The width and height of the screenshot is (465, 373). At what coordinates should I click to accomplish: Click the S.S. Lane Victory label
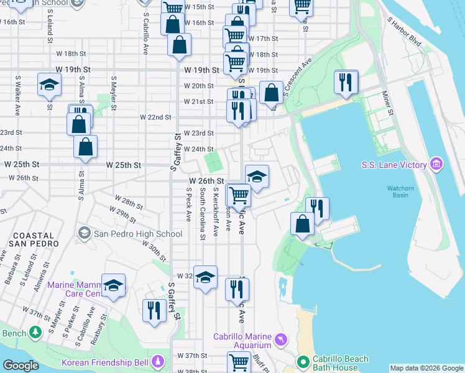394,165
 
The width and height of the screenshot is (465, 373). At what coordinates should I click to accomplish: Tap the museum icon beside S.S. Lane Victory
436,165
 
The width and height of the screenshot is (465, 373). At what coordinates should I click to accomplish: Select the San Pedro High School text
137,234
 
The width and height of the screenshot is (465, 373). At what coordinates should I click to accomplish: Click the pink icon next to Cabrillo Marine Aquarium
281,339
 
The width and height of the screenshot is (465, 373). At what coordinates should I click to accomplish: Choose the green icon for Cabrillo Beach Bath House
303,361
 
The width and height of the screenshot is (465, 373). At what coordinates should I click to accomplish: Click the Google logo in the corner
21,366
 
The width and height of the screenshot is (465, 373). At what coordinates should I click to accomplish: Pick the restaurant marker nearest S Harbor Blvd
345,81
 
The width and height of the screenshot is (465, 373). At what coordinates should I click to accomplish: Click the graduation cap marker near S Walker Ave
48,85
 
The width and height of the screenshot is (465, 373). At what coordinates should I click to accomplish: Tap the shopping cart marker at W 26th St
239,195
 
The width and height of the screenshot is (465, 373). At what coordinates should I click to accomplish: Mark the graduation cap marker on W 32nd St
205,277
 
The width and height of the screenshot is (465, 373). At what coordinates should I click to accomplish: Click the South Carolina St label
202,215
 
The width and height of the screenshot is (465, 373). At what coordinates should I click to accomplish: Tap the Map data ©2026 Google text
426,368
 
